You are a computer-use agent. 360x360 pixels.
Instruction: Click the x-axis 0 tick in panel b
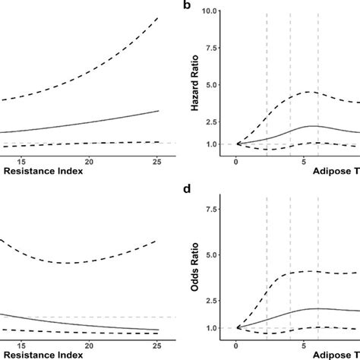[237, 161]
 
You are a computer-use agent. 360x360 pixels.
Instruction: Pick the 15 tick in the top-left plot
[21, 161]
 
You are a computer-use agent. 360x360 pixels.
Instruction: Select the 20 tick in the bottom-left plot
[90, 346]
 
